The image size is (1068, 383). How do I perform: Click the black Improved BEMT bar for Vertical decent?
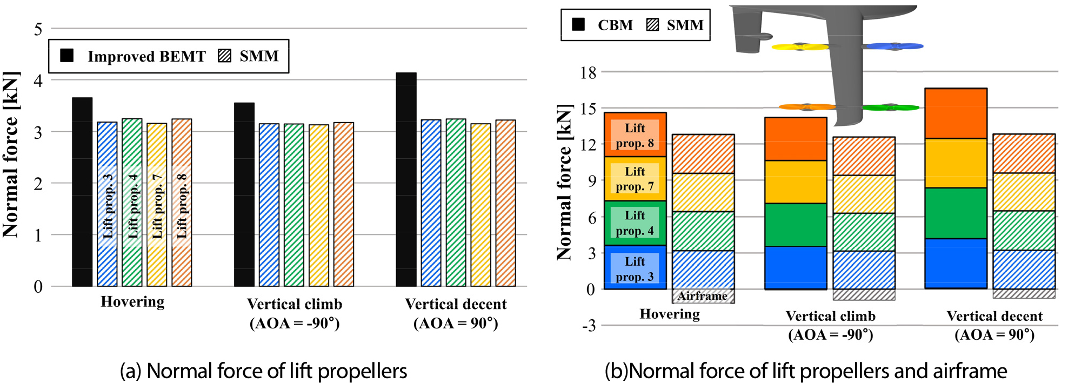click(x=406, y=179)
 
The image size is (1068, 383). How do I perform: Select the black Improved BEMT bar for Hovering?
click(x=82, y=192)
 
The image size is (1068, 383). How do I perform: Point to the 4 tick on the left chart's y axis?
click(x=38, y=80)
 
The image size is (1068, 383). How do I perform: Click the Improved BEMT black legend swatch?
click(x=67, y=56)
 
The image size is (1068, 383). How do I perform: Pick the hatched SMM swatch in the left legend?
click(x=224, y=56)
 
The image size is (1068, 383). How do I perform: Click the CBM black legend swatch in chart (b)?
click(x=578, y=24)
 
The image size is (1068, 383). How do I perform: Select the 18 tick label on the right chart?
click(x=588, y=72)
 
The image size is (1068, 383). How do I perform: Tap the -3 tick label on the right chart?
click(x=589, y=326)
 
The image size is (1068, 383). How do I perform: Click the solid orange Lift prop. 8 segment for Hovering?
click(x=635, y=135)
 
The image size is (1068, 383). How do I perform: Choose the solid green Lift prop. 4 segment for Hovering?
click(x=635, y=223)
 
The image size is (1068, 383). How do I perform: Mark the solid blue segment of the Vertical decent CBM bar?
click(x=956, y=263)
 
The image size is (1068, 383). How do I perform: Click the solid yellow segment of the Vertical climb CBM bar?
click(x=796, y=182)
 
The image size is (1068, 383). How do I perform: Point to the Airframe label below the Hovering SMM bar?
click(x=703, y=296)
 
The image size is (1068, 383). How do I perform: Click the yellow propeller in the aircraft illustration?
click(x=800, y=47)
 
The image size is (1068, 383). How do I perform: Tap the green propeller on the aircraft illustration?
click(x=890, y=107)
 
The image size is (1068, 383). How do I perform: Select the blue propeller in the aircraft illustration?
click(x=895, y=46)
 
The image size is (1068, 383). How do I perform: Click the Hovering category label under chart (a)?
click(x=132, y=301)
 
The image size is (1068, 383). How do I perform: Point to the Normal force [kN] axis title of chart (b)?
click(x=564, y=182)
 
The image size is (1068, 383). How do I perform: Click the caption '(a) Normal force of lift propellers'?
click(x=263, y=371)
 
